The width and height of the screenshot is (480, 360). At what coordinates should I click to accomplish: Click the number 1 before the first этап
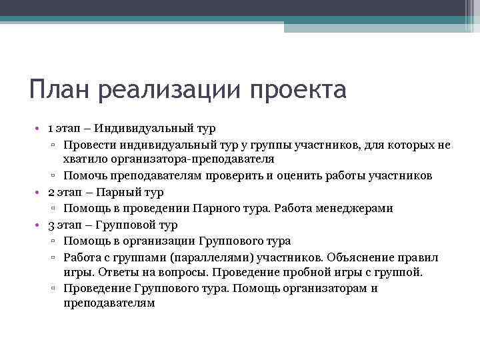pos(51,127)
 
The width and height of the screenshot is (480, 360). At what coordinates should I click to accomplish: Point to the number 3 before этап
pos(51,225)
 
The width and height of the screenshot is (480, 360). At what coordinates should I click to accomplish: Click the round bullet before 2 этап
pos(39,193)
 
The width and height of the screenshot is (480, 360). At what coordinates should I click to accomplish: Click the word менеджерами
pos(355,209)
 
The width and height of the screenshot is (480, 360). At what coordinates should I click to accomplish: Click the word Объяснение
pos(359,257)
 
